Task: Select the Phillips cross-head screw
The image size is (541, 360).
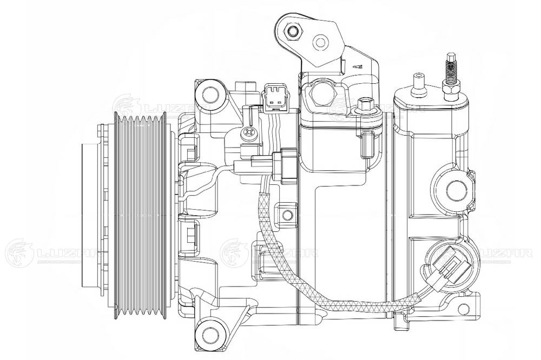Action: coord(249,131)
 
